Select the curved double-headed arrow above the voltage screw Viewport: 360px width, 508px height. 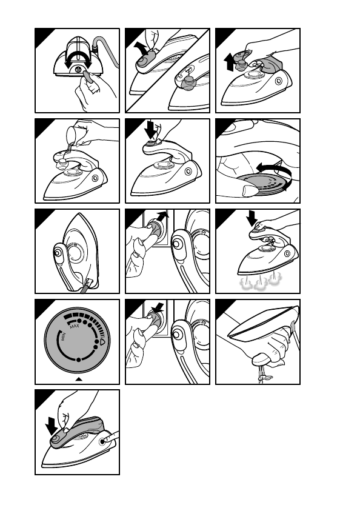point(78,54)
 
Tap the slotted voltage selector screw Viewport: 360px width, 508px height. point(78,69)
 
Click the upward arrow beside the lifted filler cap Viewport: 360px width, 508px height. point(230,62)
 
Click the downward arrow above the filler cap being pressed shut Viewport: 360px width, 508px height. point(150,130)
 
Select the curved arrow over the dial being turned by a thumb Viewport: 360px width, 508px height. point(274,171)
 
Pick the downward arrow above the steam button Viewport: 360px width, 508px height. point(252,218)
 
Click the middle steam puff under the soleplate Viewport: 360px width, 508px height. point(260,284)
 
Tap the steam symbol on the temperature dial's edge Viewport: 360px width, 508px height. point(102,341)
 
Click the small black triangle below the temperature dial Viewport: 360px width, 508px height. point(79,379)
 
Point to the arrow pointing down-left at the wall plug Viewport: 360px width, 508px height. point(158,308)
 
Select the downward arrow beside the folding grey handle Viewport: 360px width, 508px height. point(51,426)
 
